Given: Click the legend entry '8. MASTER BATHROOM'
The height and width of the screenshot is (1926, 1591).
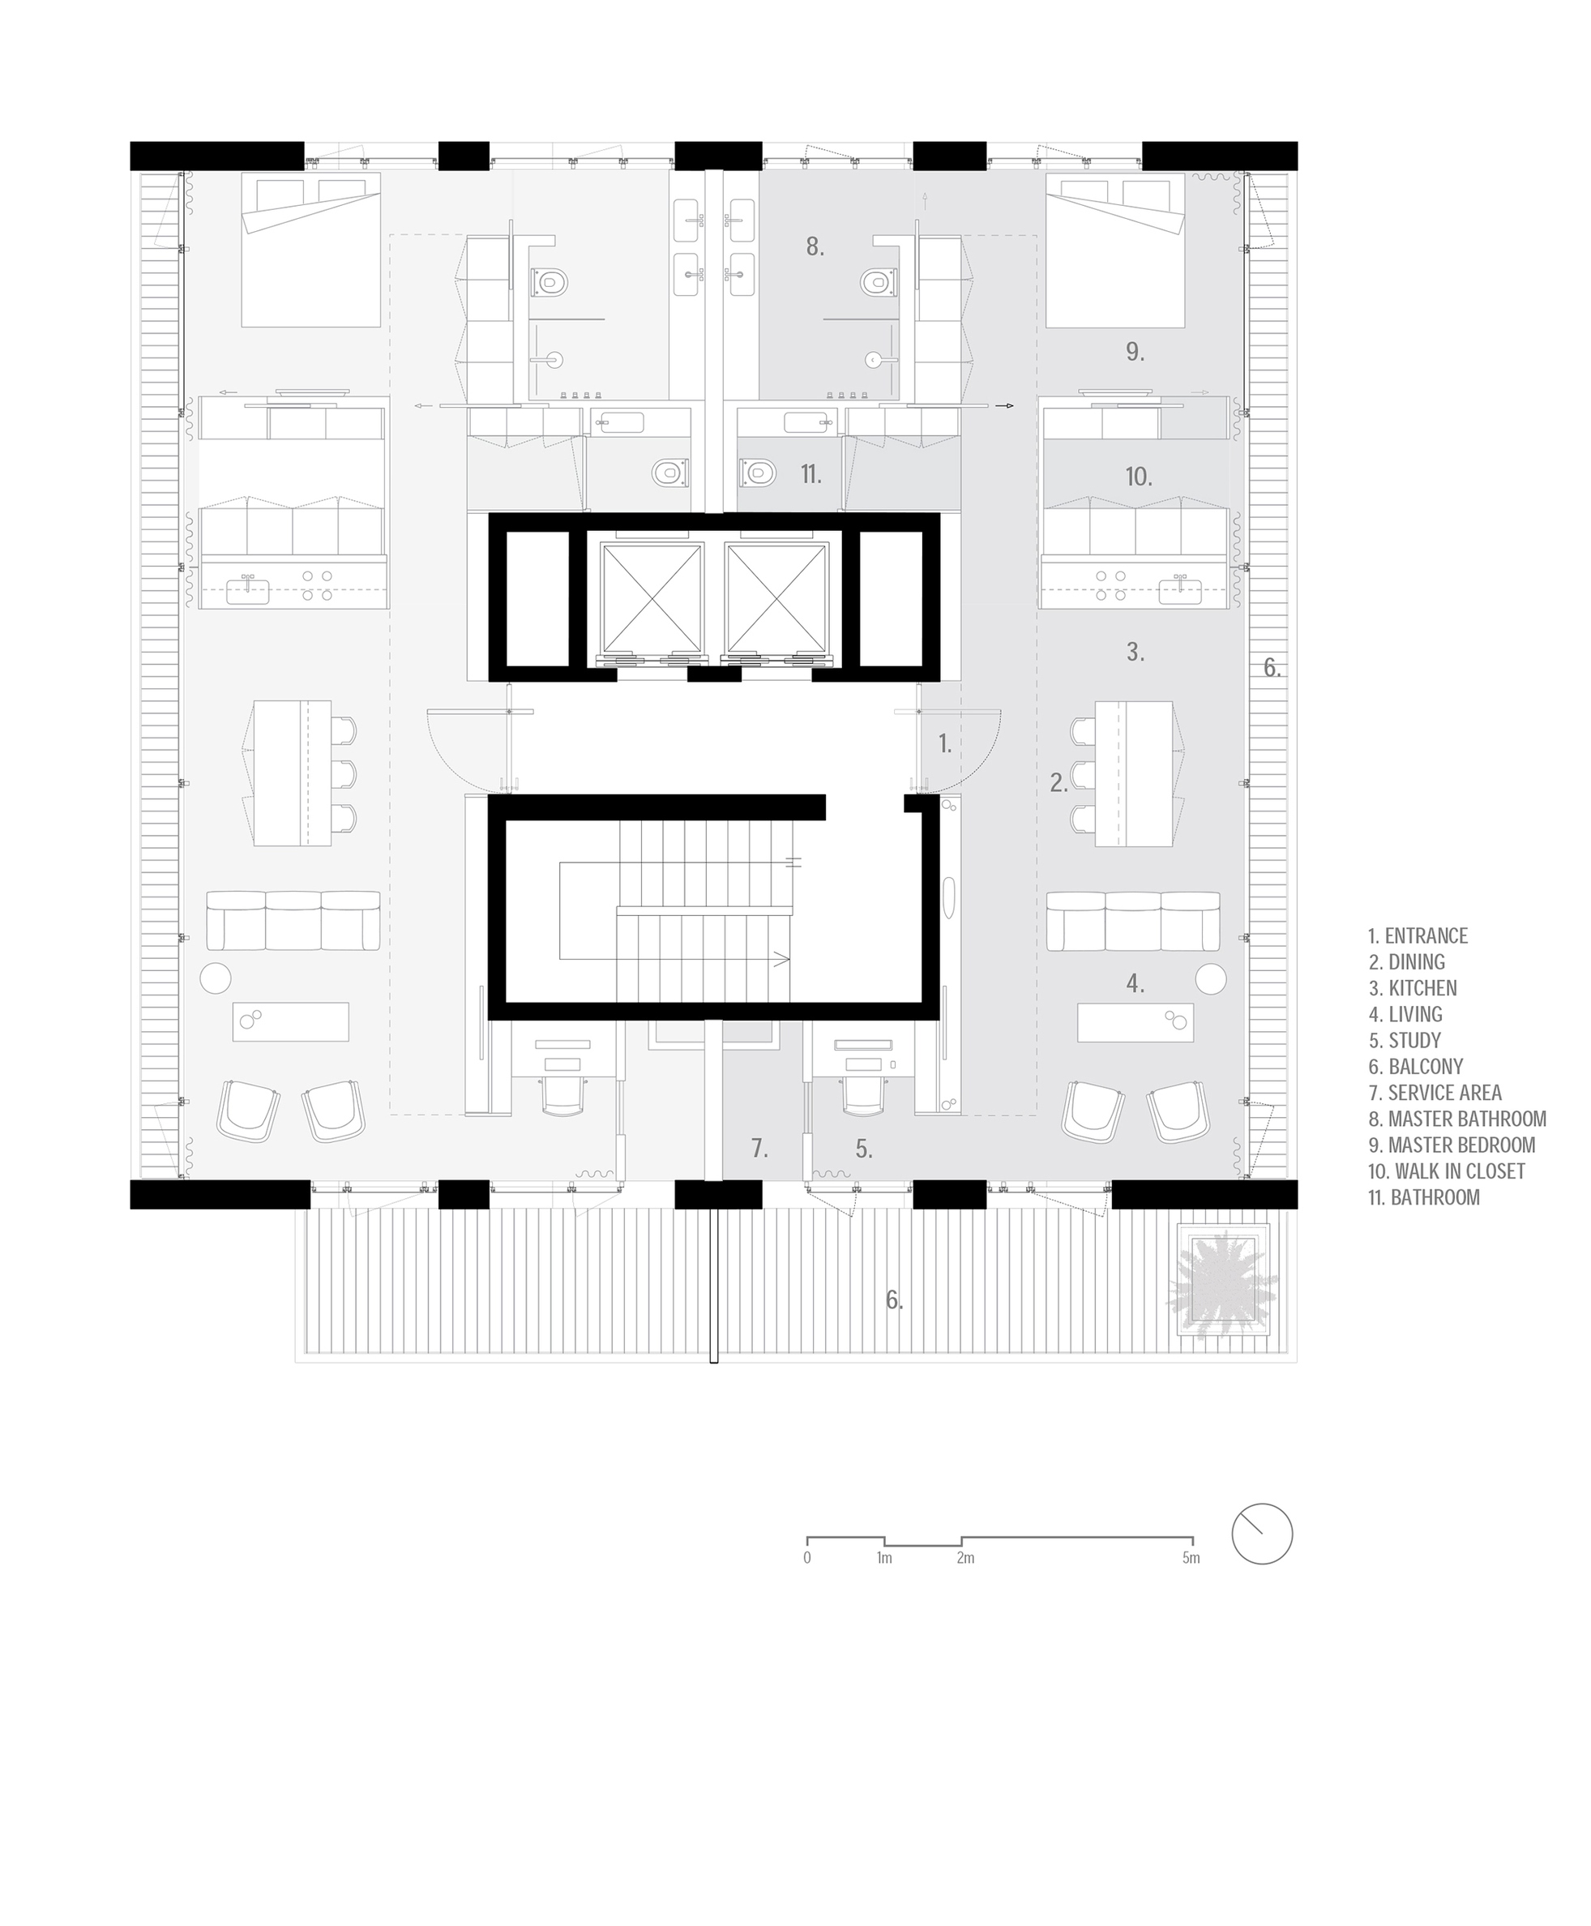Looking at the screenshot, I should [1456, 1119].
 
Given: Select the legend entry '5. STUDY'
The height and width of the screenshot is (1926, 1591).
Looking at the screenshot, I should [1405, 1041].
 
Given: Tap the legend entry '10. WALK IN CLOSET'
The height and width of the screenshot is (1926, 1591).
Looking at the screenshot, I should [1446, 1171].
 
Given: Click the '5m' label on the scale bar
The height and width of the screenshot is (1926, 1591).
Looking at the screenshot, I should [1190, 1557].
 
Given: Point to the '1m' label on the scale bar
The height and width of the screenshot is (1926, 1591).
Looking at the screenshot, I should [883, 1557].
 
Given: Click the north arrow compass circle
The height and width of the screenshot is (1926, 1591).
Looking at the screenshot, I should [1261, 1534].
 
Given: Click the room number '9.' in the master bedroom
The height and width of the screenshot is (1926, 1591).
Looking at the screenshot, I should [1135, 352].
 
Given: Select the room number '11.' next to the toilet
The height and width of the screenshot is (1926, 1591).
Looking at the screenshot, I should [810, 474].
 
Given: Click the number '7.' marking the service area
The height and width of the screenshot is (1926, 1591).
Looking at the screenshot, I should [759, 1148].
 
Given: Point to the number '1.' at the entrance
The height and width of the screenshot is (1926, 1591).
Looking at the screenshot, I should [945, 744].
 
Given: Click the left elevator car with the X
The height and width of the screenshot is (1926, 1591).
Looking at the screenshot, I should [651, 597].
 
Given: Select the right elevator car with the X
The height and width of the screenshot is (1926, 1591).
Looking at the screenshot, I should [776, 597].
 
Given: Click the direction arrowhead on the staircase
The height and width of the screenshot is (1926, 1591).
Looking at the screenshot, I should [781, 960].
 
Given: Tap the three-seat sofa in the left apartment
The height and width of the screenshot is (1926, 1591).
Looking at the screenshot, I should [293, 919].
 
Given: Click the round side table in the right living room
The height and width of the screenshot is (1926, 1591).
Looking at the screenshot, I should [1210, 978].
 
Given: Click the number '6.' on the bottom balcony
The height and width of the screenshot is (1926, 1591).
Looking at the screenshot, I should [893, 1300].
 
